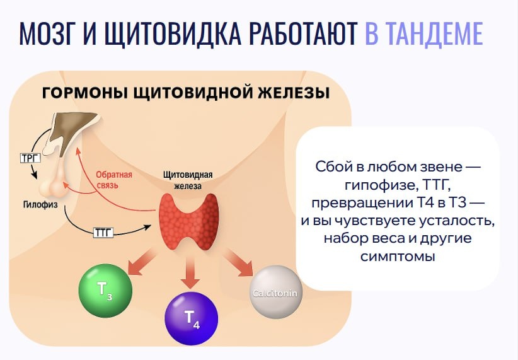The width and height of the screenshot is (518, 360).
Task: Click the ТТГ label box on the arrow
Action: (103, 233)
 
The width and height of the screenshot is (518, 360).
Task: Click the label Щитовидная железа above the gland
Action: (187, 179)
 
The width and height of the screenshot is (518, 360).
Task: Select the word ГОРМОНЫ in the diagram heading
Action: (86, 93)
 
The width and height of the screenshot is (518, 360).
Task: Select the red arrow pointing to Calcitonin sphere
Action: (238, 261)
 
